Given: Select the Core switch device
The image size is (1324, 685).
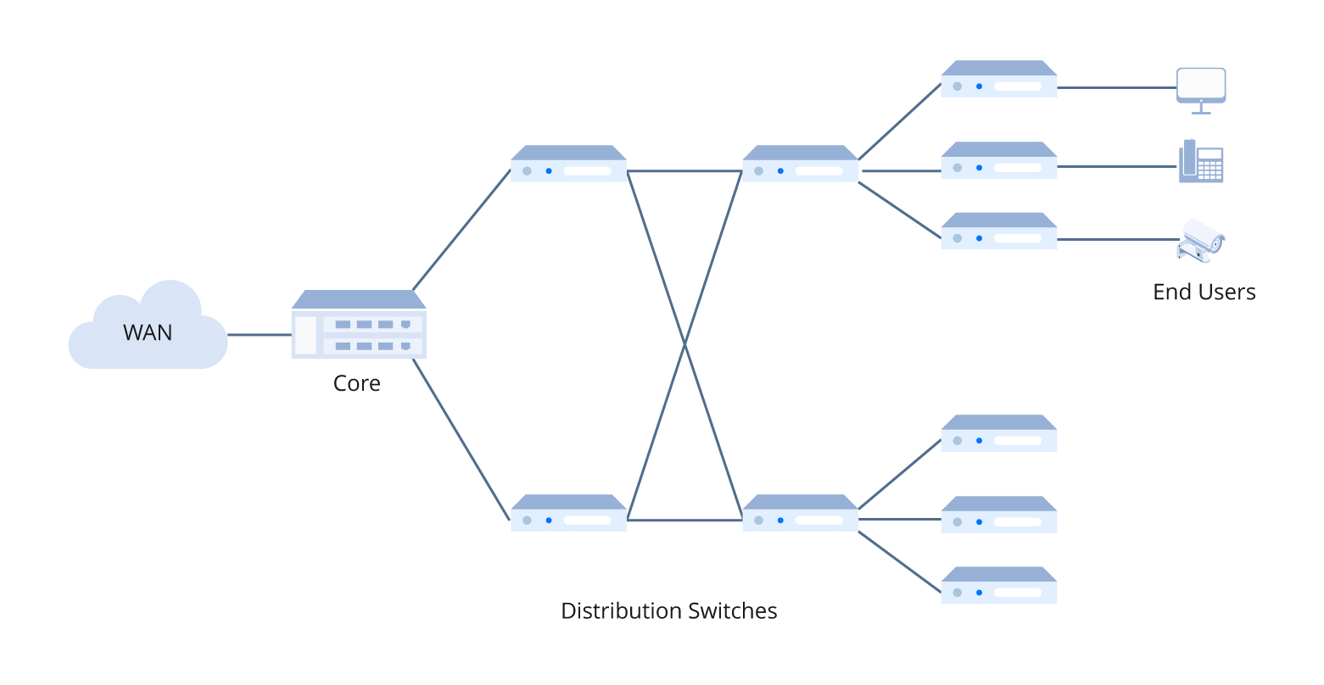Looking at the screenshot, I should click(359, 326).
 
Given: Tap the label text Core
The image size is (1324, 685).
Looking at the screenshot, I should click(356, 383).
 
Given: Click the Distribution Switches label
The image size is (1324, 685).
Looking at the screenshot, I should click(668, 610).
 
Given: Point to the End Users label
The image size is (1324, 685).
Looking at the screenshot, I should click(1204, 292).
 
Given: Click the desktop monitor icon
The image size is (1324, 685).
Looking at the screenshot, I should click(1200, 88).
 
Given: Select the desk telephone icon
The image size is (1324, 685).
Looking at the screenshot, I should click(1200, 162).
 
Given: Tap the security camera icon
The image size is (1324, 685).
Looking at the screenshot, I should click(1201, 241).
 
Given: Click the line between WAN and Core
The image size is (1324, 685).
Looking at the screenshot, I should click(260, 335).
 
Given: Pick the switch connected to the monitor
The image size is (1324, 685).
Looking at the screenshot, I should click(998, 80).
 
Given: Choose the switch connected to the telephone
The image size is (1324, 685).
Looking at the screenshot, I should click(998, 161).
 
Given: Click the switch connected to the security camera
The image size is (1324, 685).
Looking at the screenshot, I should click(998, 231).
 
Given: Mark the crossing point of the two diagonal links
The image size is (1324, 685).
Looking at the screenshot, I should click(684, 345).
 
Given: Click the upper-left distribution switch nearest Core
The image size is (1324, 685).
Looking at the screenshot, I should click(568, 164).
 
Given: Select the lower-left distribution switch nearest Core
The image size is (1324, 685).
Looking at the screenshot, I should click(568, 514).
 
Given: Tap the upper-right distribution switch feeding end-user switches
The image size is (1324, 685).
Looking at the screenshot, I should click(800, 164).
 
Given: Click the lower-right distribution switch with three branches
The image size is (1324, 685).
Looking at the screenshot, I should click(800, 514).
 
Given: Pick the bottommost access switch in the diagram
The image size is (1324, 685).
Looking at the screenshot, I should click(998, 586).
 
